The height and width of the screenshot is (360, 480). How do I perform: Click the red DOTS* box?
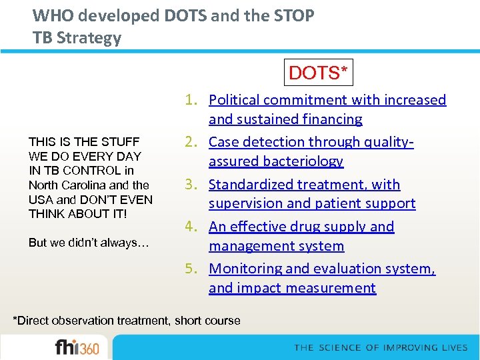pos(319,72)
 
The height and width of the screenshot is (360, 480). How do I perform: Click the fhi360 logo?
pos(77,347)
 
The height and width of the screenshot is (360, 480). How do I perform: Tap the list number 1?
pos(191,100)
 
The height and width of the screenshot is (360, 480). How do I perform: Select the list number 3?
pos(191,185)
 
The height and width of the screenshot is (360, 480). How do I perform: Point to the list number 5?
pos(191,269)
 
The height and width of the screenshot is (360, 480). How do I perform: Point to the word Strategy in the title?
pos(89,38)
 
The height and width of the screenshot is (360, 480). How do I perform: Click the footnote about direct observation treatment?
pos(127,321)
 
